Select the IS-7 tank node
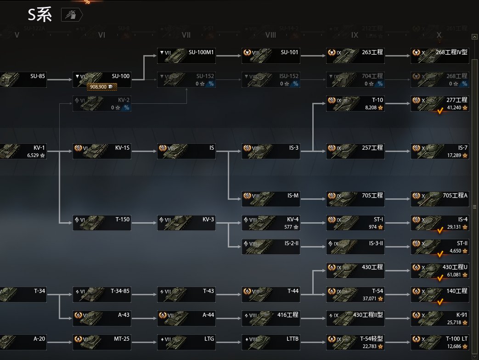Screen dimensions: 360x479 coord(440,151)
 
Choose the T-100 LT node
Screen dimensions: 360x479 coord(440,343)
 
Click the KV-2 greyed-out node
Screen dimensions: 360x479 coord(102,103)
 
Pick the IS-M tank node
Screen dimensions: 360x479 coord(271,199)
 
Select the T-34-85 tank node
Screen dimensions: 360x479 coord(102,294)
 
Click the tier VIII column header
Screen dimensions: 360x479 coord(270,35)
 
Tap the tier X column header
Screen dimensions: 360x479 coord(439,35)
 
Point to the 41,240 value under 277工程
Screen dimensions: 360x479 coord(455,107)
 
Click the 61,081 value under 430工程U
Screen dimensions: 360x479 coord(455,275)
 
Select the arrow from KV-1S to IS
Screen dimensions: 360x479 coord(144,151)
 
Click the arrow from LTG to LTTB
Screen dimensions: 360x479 coord(229,342)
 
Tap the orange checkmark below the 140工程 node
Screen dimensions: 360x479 coord(440,302)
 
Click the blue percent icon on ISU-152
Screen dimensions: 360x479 coord(295,84)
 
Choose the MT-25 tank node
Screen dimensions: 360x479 coord(102,343)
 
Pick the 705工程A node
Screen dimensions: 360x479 coord(440,199)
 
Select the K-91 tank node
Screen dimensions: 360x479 coord(440,318)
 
